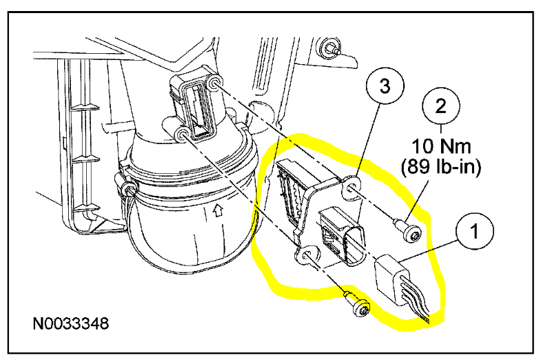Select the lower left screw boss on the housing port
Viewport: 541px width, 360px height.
[x=183, y=132]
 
